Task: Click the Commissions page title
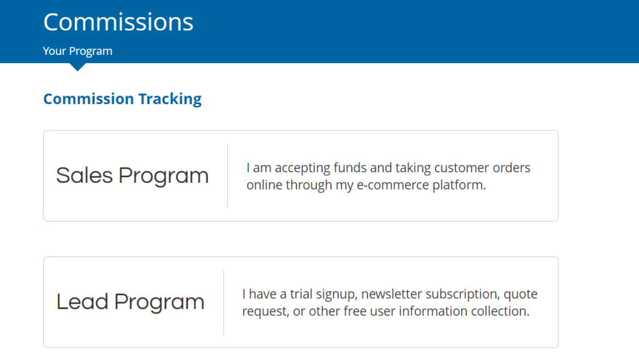[x=118, y=22]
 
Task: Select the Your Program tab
[x=77, y=51]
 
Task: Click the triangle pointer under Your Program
[x=77, y=67]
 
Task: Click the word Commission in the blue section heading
[x=89, y=99]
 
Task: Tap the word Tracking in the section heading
[x=170, y=99]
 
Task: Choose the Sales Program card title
[x=132, y=176]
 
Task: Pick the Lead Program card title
[x=130, y=302]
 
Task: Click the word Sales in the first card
[x=84, y=175]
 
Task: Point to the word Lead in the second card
[x=82, y=302]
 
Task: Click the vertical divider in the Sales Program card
[x=227, y=176]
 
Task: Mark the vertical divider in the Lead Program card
[x=224, y=302]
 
